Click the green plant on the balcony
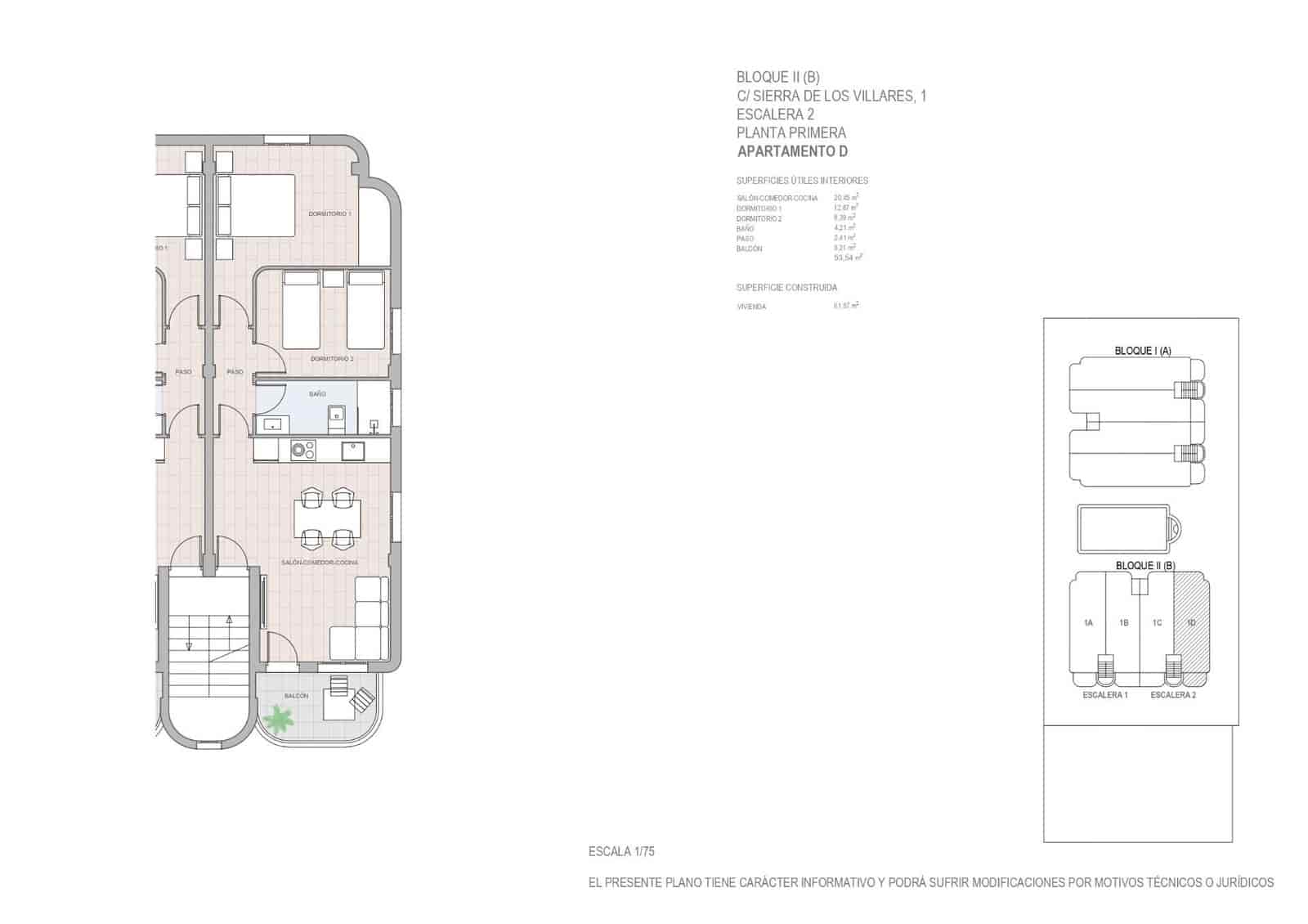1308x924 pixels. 279,720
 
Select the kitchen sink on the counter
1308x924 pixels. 353,451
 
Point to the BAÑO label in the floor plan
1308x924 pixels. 317,394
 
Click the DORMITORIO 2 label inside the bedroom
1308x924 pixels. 332,359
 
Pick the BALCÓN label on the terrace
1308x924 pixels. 296,696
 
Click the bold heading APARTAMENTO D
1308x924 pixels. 792,151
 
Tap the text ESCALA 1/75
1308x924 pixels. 621,851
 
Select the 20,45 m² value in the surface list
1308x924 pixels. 845,198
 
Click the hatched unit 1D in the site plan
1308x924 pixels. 1191,623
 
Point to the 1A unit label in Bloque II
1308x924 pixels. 1088,623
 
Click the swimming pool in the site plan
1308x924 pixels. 1125,531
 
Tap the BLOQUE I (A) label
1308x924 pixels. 1143,351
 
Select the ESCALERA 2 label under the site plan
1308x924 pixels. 1172,695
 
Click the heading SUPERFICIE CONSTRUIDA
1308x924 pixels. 786,288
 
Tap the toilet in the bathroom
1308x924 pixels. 336,418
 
